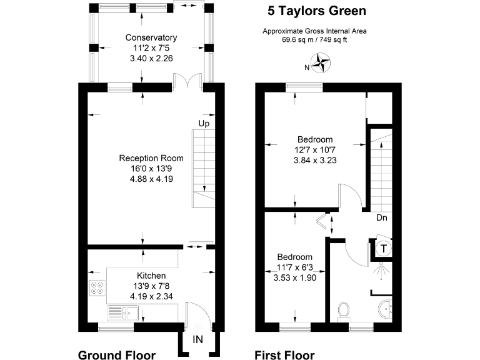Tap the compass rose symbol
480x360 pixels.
coord(322,62)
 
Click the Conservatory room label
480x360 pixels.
coord(151,37)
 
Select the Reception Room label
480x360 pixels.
coord(151,158)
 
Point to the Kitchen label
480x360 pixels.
coord(151,276)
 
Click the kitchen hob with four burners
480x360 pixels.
coord(98,288)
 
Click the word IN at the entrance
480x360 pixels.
coord(197,339)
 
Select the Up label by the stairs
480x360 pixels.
coord(204,124)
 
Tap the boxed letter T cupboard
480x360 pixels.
coord(383,249)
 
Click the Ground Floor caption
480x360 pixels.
coord(116,355)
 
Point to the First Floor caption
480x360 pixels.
coord(284,355)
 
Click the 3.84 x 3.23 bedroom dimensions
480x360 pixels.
coord(314,159)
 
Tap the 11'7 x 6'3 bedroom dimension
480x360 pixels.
coord(294,267)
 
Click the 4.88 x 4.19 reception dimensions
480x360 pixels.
coord(151,179)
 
